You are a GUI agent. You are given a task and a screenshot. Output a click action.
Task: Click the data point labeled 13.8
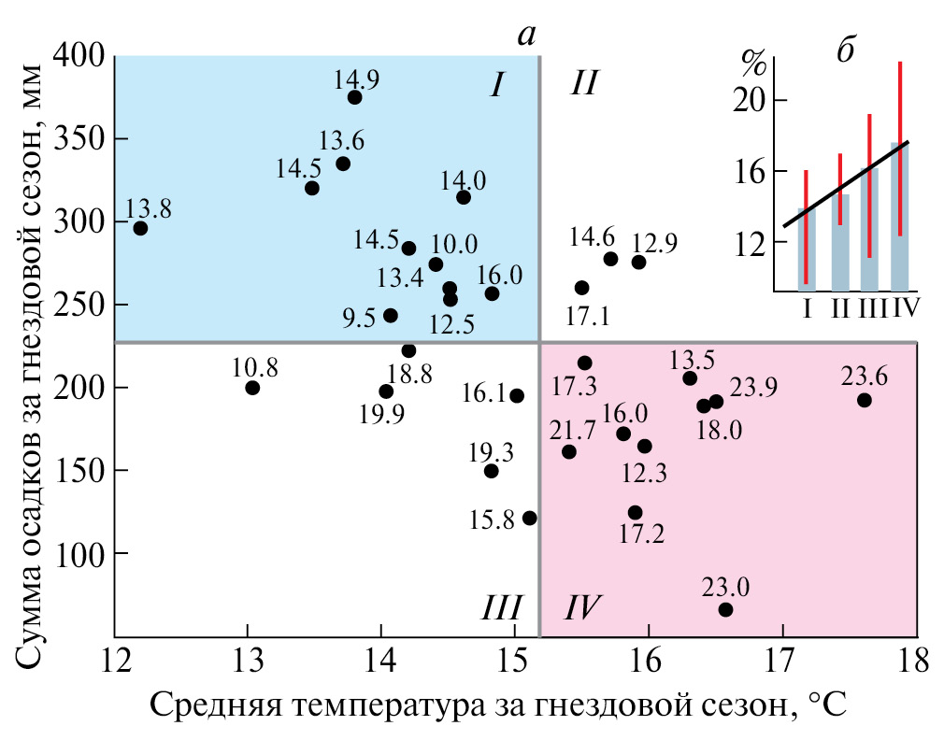tap(140, 228)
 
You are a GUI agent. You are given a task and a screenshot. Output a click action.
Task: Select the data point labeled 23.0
tap(725, 609)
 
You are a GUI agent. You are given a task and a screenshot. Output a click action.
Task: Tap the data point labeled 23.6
tap(864, 400)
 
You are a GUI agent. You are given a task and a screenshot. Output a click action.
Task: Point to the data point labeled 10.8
tap(252, 388)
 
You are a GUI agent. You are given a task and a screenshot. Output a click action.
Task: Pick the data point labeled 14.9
tap(354, 97)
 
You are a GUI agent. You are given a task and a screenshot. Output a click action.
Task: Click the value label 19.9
tap(382, 414)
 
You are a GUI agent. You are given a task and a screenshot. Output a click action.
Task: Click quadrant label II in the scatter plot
tap(584, 86)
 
